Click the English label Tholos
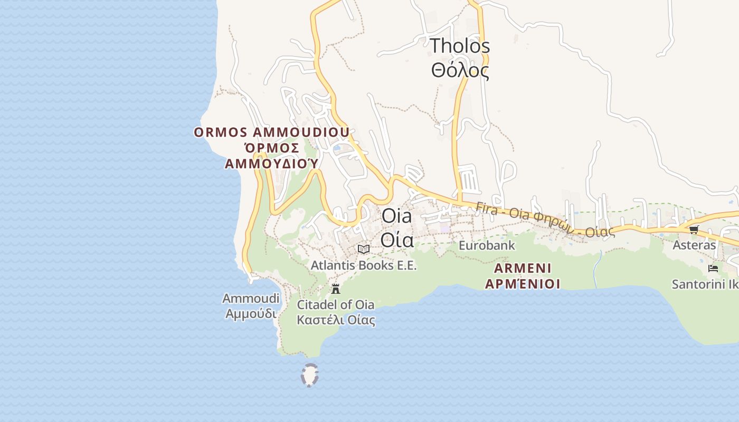click(x=459, y=46)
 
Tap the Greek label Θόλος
click(x=459, y=71)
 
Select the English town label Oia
click(x=396, y=216)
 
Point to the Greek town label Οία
click(x=396, y=239)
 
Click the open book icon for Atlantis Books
click(x=363, y=249)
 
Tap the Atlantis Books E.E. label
click(x=364, y=265)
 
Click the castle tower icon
click(x=335, y=289)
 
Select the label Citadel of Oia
click(x=336, y=304)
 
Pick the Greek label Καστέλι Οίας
click(x=336, y=320)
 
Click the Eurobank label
click(x=486, y=245)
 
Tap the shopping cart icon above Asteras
click(x=694, y=229)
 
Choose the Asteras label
click(x=694, y=245)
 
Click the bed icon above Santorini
click(x=713, y=268)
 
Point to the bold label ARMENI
click(x=523, y=268)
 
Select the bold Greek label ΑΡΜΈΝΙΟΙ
click(x=523, y=284)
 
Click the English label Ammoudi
click(x=251, y=299)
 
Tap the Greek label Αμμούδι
click(x=251, y=313)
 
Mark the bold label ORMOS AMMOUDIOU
click(x=271, y=132)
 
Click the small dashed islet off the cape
click(x=309, y=375)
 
